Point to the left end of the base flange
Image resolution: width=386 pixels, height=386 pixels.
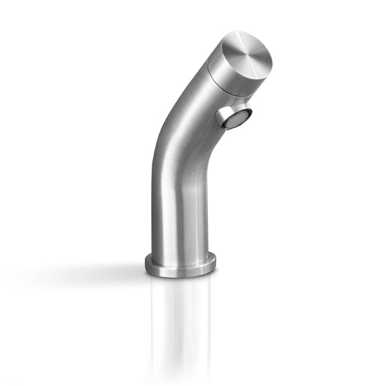tap(146, 262)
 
